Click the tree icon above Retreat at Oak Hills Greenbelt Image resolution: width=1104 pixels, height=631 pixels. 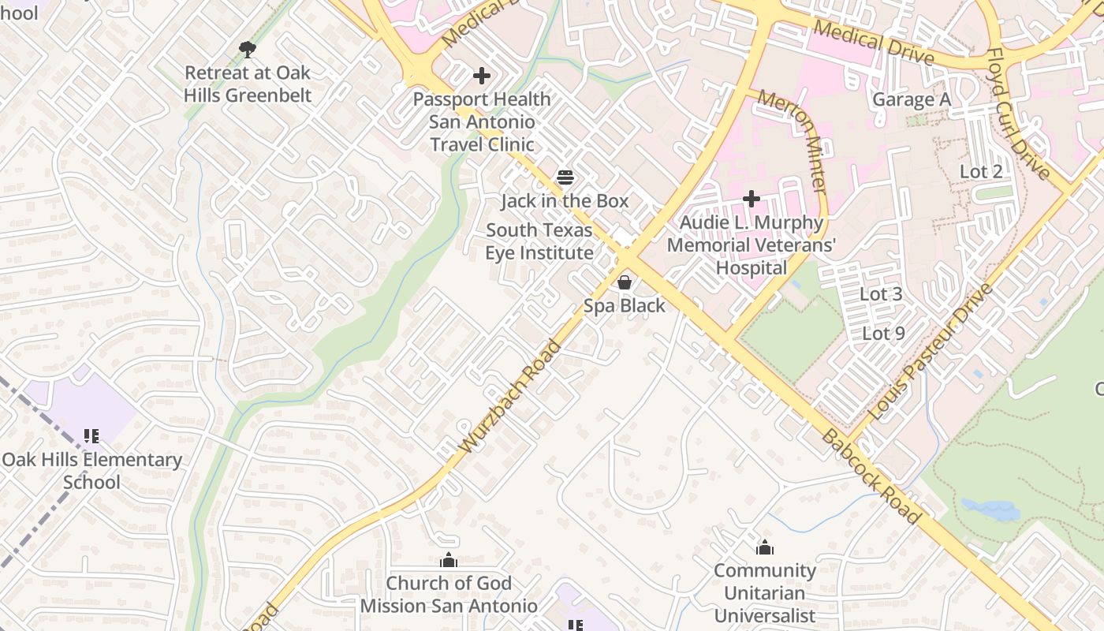(248, 50)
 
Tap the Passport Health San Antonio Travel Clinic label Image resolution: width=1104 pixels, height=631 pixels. (482, 121)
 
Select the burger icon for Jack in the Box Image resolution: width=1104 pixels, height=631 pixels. (565, 177)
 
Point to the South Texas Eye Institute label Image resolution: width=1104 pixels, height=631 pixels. (539, 241)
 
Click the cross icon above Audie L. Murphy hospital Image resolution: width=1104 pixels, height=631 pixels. (752, 199)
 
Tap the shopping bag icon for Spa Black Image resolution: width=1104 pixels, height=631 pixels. (625, 282)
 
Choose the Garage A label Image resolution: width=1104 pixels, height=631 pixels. (911, 100)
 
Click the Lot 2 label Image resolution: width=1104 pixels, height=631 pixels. (980, 171)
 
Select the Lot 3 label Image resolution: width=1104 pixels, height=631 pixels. (880, 294)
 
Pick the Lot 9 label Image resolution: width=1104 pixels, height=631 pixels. (883, 333)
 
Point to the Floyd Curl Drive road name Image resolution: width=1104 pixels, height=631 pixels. (1018, 114)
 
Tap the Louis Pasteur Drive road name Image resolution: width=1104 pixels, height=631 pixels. (931, 351)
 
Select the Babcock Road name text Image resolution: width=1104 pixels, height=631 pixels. (871, 477)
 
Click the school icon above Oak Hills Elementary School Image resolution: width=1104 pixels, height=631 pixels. (91, 435)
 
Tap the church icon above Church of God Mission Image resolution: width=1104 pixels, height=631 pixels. (449, 560)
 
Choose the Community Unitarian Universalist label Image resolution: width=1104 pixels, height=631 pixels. (764, 592)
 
